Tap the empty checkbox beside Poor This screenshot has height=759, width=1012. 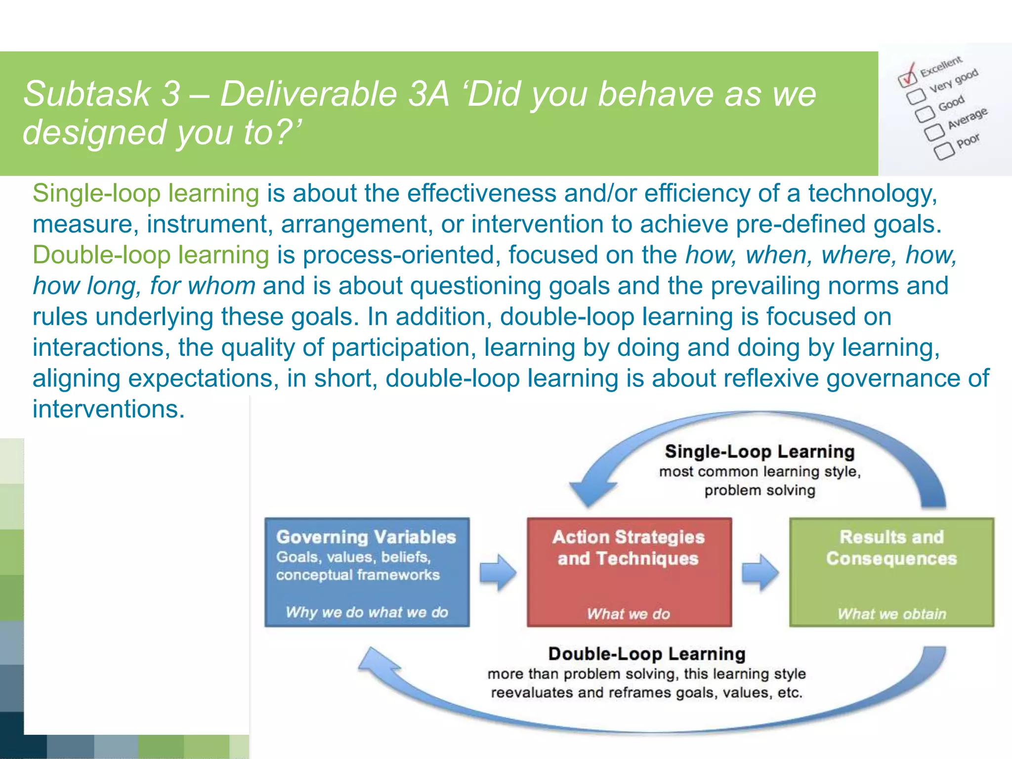pos(944,150)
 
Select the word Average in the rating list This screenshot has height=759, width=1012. pos(967,118)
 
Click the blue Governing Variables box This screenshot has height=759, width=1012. pos(367,572)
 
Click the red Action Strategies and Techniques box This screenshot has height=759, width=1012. pos(629,572)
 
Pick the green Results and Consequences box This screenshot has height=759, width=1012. pos(891,572)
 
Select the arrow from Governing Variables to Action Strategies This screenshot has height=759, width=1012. pos(498,572)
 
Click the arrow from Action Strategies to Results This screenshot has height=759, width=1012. pos(760,572)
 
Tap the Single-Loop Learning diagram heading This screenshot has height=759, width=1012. pos(759,452)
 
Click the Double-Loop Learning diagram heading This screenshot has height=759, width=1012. pos(646,654)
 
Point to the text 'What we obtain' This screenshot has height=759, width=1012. pos(891,614)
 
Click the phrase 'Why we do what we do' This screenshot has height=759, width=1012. pos(367,612)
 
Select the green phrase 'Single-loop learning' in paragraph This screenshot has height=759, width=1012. pos(146,193)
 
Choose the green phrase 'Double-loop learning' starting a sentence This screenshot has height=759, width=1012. pos(151,255)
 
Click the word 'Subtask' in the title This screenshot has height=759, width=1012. pos(87,94)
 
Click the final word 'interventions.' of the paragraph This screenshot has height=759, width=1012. pos(109,409)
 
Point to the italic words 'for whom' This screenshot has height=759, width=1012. pos(203,286)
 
